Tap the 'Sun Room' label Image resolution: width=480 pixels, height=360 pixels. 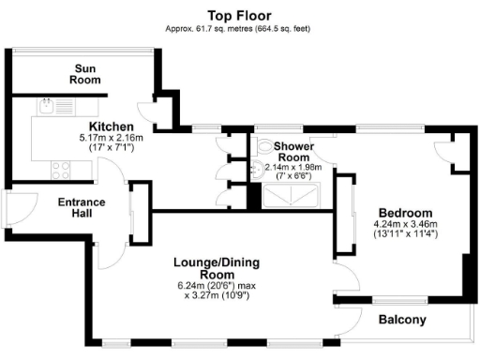click(85, 74)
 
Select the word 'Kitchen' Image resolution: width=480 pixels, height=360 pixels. click(111, 127)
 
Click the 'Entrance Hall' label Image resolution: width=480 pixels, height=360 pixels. click(82, 207)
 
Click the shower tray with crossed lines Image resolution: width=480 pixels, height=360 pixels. click(292, 196)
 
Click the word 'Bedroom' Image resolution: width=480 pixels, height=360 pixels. click(405, 212)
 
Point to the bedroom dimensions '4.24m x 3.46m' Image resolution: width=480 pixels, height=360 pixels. click(406, 224)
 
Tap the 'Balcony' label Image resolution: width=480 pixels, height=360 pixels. click(402, 320)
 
